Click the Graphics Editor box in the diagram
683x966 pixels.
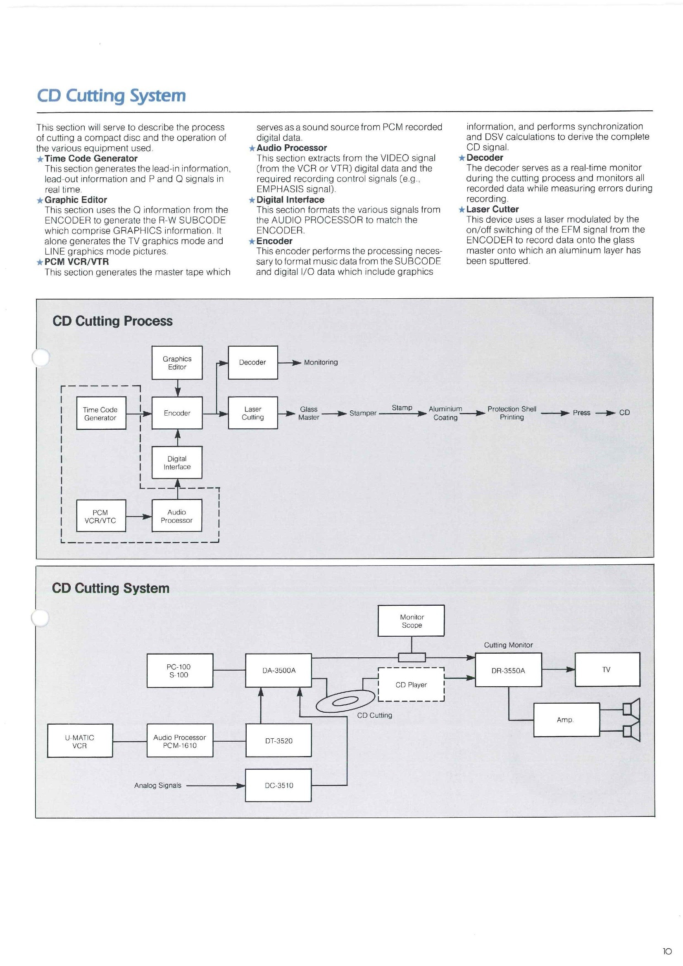click(x=177, y=362)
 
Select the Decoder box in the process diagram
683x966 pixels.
click(x=252, y=362)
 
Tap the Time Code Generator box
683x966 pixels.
click(x=100, y=413)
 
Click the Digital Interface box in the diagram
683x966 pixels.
click(x=177, y=462)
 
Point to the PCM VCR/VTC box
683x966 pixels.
click(x=100, y=516)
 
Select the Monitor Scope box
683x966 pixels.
click(x=411, y=621)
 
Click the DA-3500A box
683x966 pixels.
click(x=278, y=670)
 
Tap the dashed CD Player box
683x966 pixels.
click(x=411, y=685)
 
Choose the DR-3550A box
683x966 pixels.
click(x=508, y=670)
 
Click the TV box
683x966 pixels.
click(x=607, y=669)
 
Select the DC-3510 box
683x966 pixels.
click(x=278, y=785)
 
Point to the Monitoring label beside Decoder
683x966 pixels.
click(x=321, y=362)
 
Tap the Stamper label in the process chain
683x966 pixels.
click(x=363, y=413)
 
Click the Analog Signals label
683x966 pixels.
click(x=158, y=785)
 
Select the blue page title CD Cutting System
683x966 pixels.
click(x=112, y=95)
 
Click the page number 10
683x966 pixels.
click(x=667, y=951)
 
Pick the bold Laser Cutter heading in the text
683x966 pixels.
click(x=493, y=209)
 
